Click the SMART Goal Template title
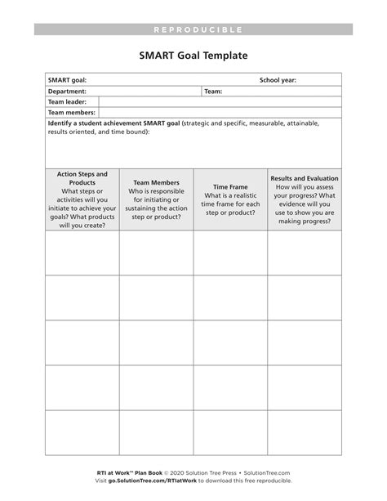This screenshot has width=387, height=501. [x=193, y=56]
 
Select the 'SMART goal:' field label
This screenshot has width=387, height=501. [x=67, y=80]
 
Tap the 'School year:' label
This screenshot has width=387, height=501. [x=278, y=80]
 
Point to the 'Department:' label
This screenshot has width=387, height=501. [x=67, y=92]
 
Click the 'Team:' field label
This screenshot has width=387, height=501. [x=213, y=92]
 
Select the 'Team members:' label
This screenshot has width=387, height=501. [x=72, y=113]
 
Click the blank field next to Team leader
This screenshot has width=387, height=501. [x=219, y=102]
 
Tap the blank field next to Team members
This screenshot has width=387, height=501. [x=219, y=113]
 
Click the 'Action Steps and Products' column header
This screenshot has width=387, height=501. [x=82, y=178]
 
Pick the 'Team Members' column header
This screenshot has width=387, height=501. [x=156, y=183]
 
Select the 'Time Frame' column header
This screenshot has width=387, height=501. [x=230, y=187]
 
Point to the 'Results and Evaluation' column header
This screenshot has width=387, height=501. [x=305, y=178]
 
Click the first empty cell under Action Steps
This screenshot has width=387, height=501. [x=82, y=253]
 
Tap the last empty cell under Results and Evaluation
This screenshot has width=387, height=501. [x=305, y=432]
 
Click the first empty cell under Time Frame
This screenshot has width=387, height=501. [x=230, y=253]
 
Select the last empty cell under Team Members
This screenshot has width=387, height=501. [x=156, y=432]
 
